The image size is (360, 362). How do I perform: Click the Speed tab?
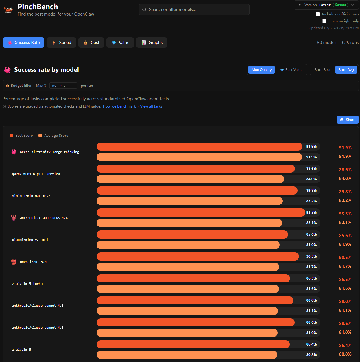tap(61, 43)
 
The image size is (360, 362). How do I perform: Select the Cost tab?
tap(91, 43)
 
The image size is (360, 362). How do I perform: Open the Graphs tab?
tap(152, 43)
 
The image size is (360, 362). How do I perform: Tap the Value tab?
tap(120, 43)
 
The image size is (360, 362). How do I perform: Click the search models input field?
tap(194, 10)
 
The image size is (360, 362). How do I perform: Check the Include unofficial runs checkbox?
tap(318, 14)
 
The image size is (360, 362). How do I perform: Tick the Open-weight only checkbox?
tap(324, 21)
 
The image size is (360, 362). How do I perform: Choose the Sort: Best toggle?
tap(322, 70)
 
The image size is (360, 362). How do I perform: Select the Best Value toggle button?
tap(291, 70)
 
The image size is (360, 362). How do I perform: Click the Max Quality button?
tap(262, 70)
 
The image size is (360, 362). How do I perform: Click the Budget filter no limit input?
tap(63, 86)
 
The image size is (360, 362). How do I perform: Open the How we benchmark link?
tap(119, 106)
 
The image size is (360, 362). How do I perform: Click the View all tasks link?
tap(151, 106)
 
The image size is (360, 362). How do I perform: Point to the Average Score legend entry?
tap(53, 136)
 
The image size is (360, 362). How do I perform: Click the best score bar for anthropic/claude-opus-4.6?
tap(201, 213)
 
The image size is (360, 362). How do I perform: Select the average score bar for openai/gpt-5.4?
tap(188, 267)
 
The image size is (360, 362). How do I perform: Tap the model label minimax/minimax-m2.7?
tap(31, 196)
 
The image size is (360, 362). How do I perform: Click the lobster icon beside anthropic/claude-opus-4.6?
tap(14, 217)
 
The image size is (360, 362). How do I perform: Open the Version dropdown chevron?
tap(353, 5)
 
